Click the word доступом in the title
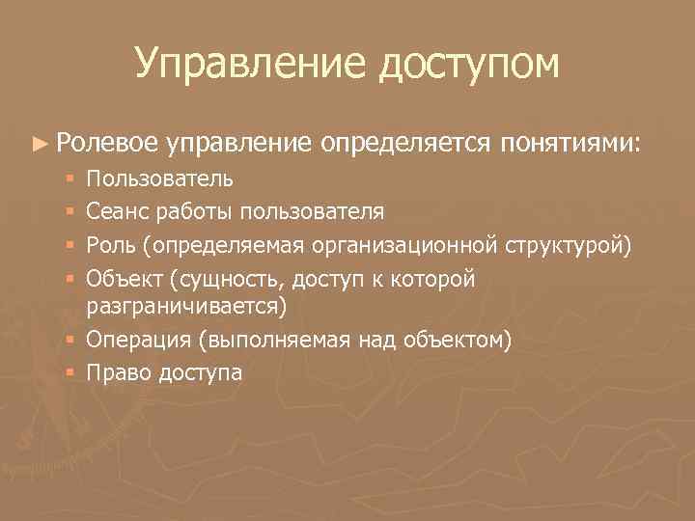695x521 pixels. (x=470, y=64)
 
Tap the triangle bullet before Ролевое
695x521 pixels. (x=38, y=143)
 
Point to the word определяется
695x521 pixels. (x=406, y=143)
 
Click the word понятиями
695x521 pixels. (x=570, y=143)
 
